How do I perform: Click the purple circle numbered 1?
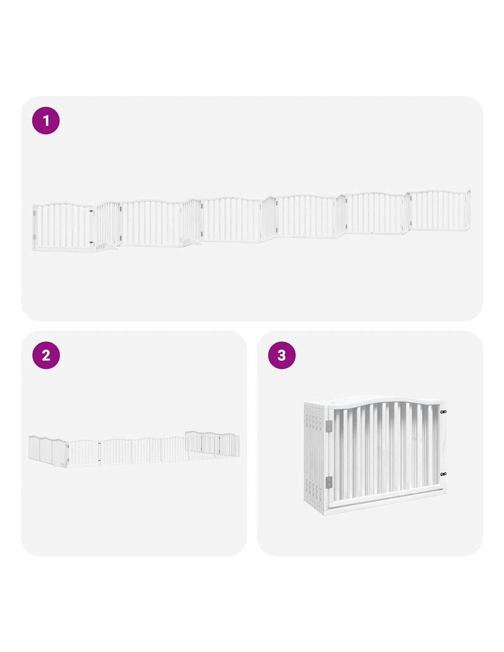click(x=46, y=121)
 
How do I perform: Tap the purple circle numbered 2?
click(x=46, y=355)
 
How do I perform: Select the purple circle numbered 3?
click(x=281, y=355)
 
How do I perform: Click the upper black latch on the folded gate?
click(x=443, y=412)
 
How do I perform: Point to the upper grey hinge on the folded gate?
click(x=329, y=425)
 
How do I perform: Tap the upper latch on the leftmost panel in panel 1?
click(x=92, y=211)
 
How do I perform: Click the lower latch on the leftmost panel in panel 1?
click(x=92, y=242)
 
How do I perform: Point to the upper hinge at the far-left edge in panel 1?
click(x=34, y=213)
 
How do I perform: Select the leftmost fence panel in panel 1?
click(x=63, y=227)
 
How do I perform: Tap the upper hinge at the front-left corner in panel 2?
click(x=68, y=447)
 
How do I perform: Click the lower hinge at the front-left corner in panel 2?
click(x=68, y=459)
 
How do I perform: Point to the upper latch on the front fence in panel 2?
click(x=99, y=443)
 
